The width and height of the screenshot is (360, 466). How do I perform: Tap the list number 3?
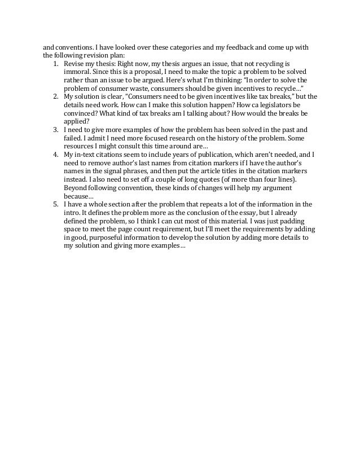(56, 130)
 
